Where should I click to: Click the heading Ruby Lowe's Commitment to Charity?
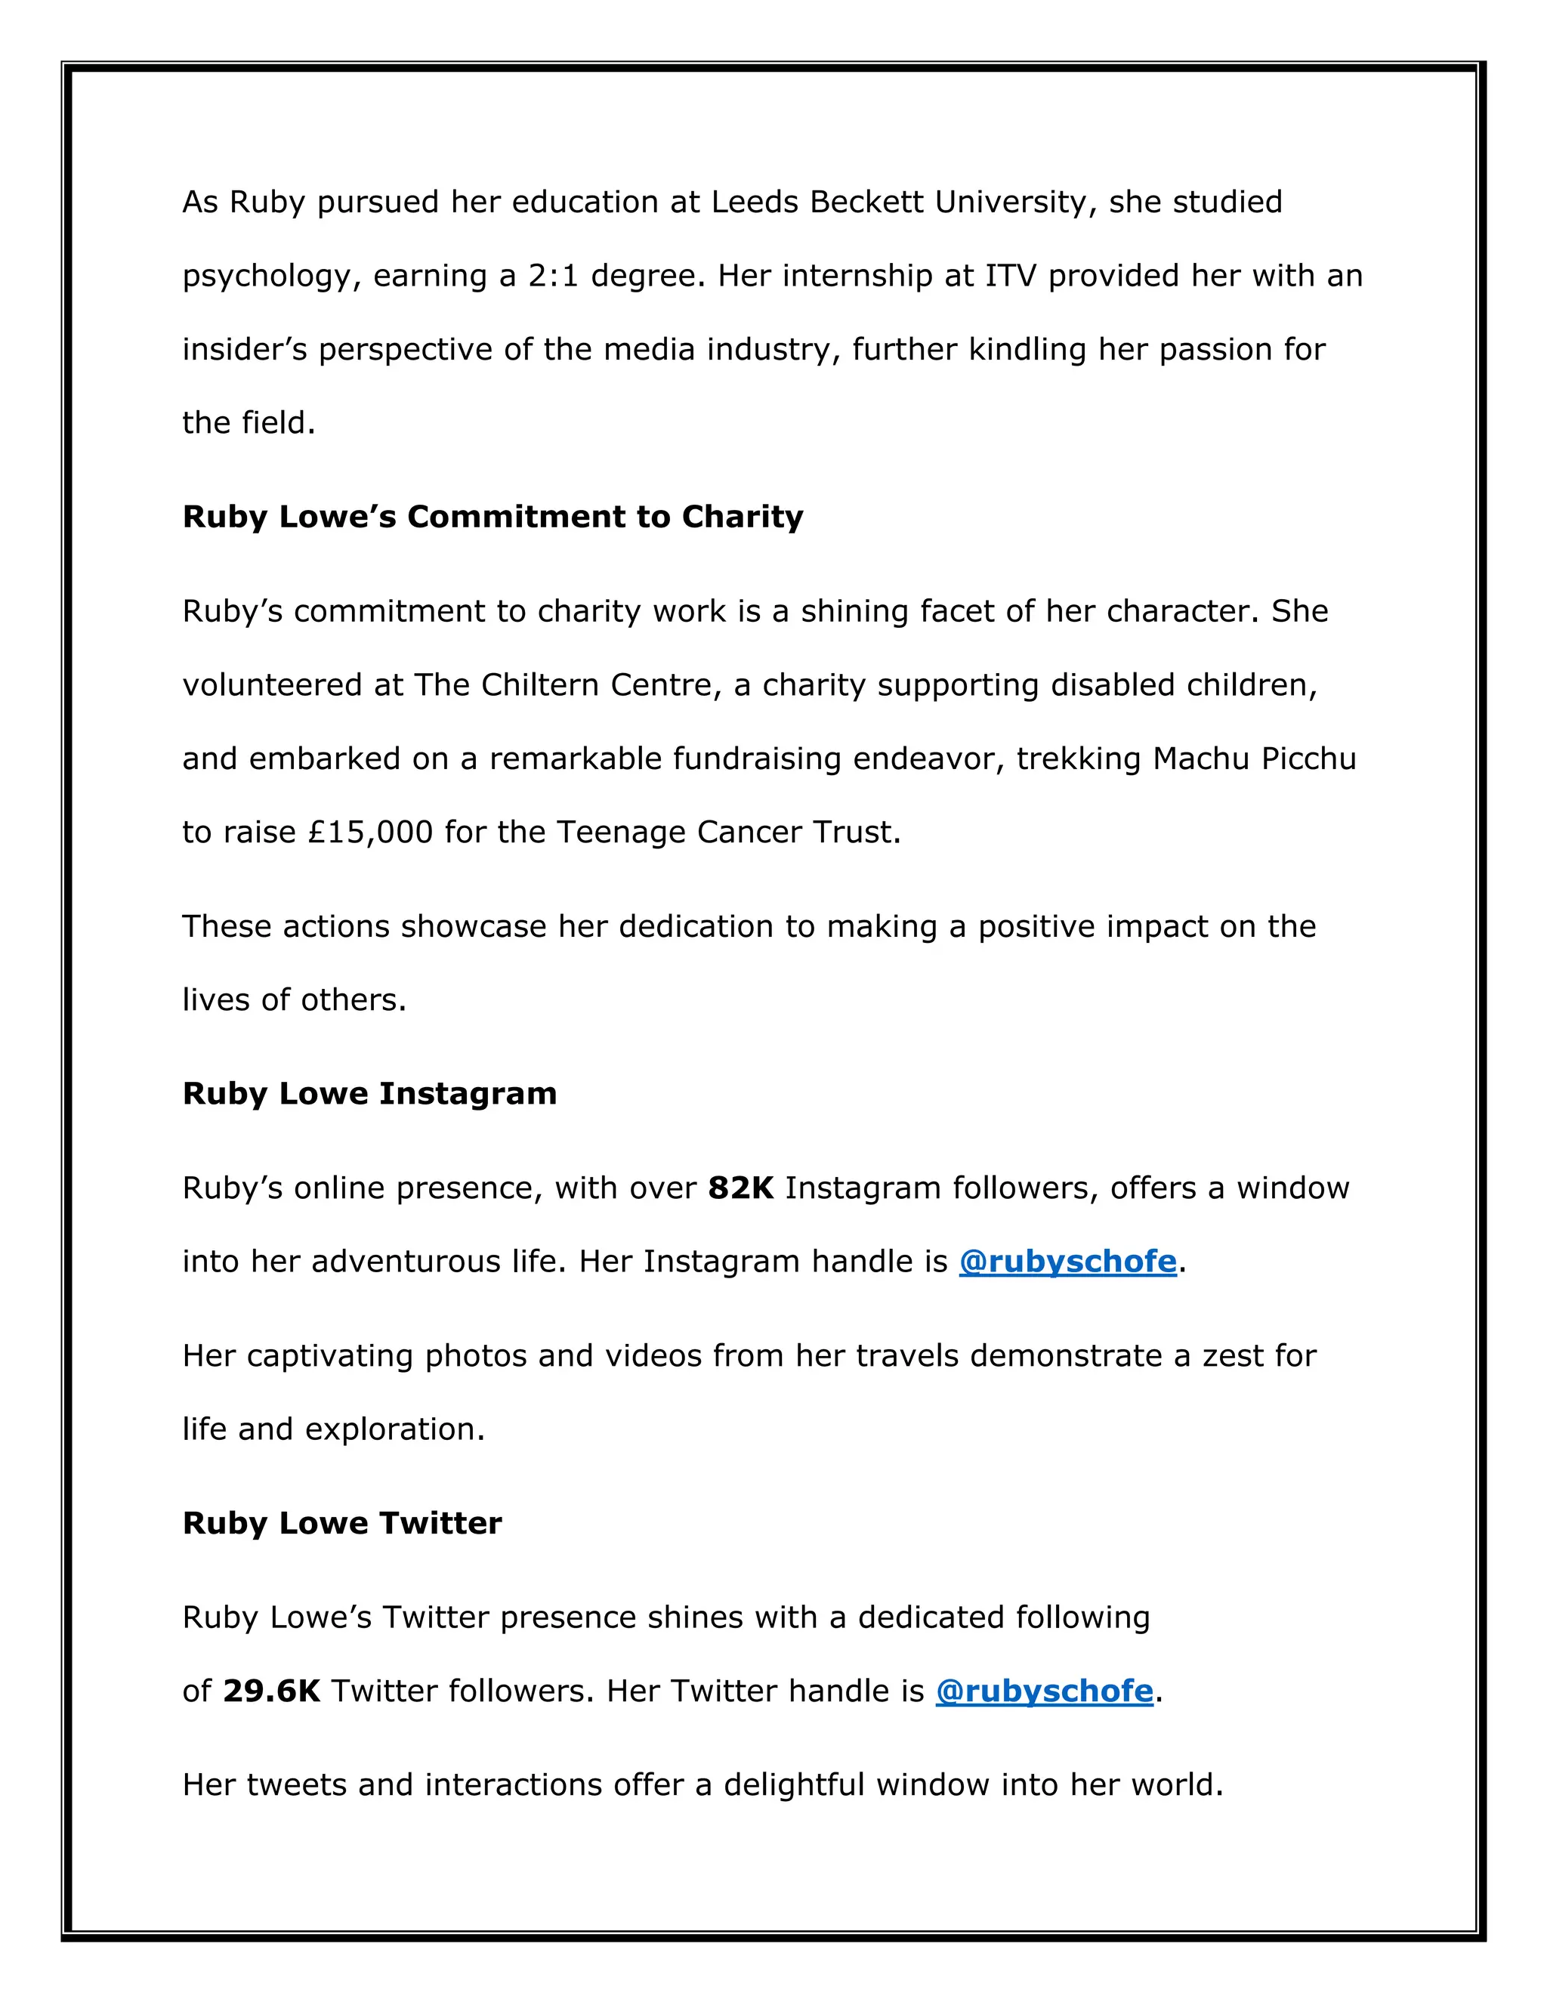click(x=493, y=517)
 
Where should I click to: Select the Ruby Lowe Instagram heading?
click(x=369, y=1094)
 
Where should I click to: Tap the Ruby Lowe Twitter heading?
click(x=342, y=1522)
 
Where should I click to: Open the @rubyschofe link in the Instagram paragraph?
click(x=1067, y=1262)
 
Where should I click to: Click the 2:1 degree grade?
click(x=553, y=276)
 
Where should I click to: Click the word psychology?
click(x=266, y=276)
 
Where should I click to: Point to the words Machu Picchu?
click(x=1254, y=759)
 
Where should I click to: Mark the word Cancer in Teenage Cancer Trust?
click(x=744, y=833)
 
